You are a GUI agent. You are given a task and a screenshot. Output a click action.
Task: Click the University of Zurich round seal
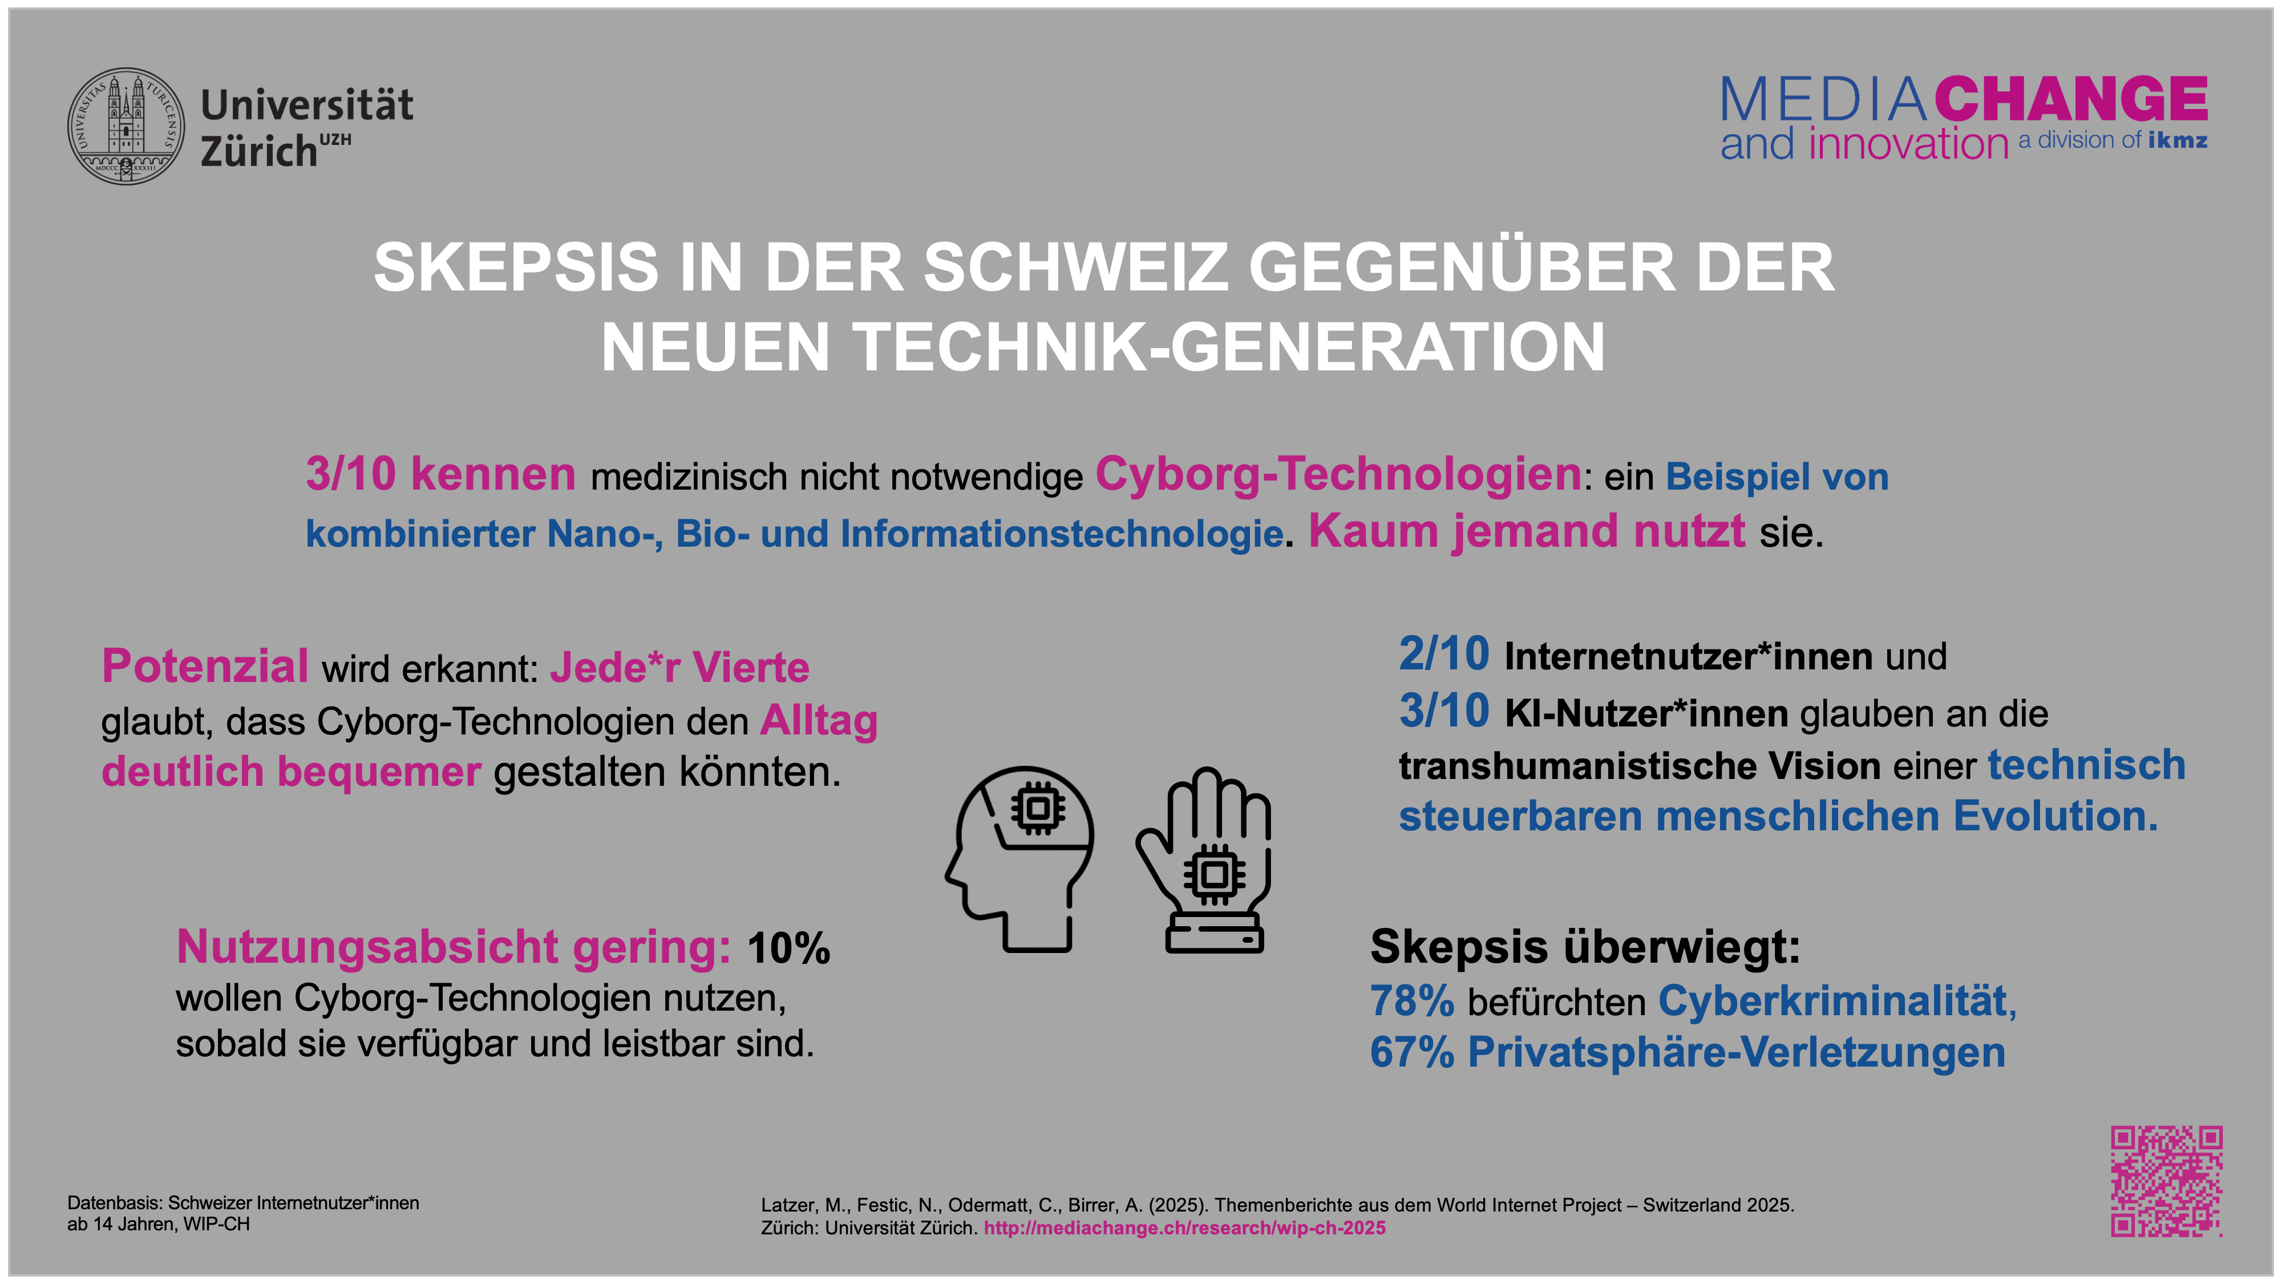127,127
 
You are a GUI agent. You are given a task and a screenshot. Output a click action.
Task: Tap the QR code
2166,1181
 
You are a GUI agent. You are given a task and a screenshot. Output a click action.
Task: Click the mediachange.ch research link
1184,1228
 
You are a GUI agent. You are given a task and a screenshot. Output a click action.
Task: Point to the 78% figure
1412,1002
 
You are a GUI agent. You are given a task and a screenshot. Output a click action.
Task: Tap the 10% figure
788,948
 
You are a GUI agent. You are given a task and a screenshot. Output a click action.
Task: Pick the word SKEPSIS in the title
516,268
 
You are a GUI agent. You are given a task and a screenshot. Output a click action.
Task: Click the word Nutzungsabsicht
367,946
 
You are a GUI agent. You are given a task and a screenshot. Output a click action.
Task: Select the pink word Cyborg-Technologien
1338,474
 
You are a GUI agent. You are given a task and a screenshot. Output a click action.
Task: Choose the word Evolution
2055,816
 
